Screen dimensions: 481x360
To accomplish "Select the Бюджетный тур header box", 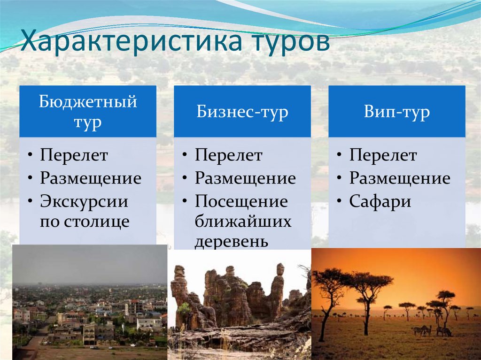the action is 88,111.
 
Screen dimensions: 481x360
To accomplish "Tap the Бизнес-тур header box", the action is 242,111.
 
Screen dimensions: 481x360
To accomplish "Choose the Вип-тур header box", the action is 397,111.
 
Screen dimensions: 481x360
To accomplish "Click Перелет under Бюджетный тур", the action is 74,155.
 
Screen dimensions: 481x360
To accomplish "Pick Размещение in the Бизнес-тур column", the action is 245,178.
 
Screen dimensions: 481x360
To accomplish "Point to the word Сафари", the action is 380,201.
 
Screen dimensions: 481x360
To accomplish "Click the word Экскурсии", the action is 84,201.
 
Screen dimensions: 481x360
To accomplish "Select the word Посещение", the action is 241,201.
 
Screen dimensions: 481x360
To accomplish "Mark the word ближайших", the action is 243,222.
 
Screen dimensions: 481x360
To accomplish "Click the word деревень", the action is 232,241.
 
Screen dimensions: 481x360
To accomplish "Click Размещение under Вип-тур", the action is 400,178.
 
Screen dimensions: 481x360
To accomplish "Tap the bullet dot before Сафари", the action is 339,201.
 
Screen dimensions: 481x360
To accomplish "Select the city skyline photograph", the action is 90,302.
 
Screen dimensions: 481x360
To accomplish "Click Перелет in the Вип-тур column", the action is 383,155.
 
